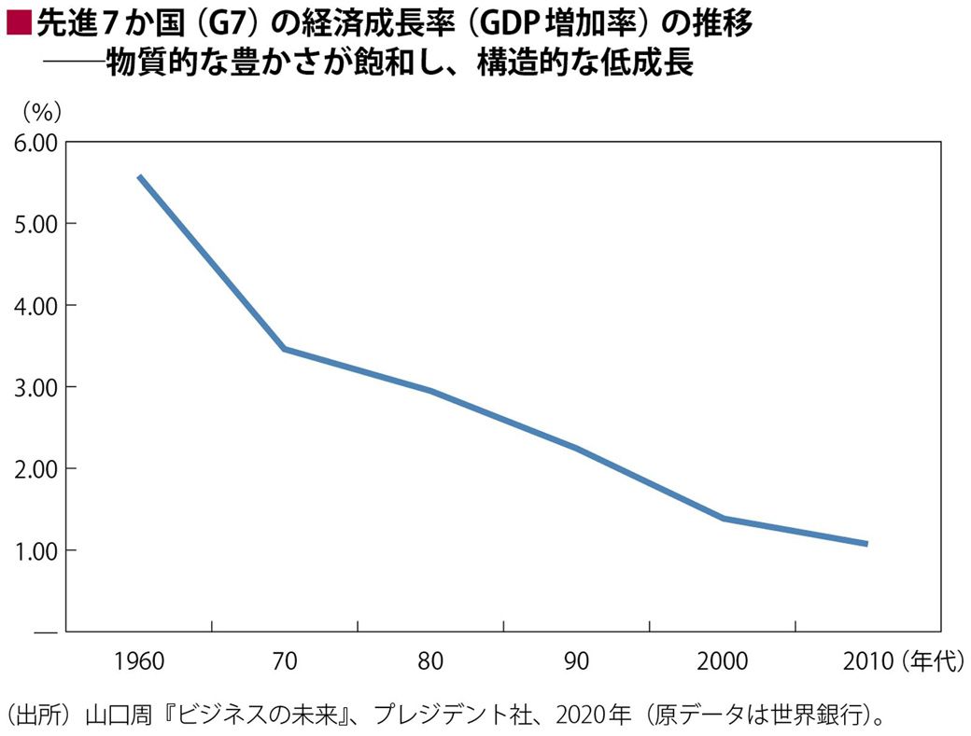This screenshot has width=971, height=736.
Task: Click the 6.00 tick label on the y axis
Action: pos(35,142)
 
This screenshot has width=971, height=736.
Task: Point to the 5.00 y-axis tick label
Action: pos(35,224)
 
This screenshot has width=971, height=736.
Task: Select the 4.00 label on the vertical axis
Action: pos(35,305)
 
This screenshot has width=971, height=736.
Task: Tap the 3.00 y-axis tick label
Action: pos(35,387)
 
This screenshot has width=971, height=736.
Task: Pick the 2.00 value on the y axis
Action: pos(35,468)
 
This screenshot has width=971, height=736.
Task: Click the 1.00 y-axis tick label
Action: pos(35,550)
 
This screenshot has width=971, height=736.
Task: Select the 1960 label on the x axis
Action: pos(139,661)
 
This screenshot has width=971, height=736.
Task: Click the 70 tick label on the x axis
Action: pos(285,661)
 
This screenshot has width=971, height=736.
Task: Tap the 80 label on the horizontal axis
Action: pos(430,661)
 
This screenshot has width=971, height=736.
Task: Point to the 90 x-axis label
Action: pos(576,661)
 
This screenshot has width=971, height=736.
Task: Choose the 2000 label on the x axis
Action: pos(722,661)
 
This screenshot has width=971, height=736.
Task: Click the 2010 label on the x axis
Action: pos(868,661)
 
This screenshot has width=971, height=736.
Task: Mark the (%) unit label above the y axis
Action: pos(41,111)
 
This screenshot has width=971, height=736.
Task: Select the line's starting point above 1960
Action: pos(139,176)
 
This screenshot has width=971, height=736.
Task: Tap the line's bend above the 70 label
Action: pos(284,349)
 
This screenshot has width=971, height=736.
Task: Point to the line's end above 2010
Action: pos(865,543)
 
